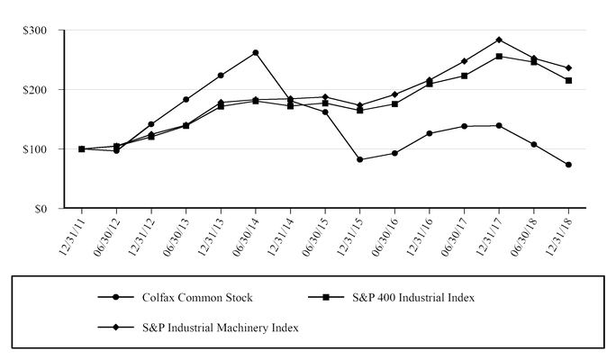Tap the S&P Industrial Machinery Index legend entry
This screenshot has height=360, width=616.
(221, 328)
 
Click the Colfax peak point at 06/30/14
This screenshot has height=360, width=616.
(256, 53)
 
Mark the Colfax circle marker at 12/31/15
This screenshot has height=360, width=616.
(360, 159)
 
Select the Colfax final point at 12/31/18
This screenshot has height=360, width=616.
(569, 165)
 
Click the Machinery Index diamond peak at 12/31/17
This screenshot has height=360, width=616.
(499, 40)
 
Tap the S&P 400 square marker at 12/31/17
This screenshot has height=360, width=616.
(499, 56)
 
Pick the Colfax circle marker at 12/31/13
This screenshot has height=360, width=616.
(221, 76)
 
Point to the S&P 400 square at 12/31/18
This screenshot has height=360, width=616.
(569, 81)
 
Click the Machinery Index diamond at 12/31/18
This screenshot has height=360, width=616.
(569, 67)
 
